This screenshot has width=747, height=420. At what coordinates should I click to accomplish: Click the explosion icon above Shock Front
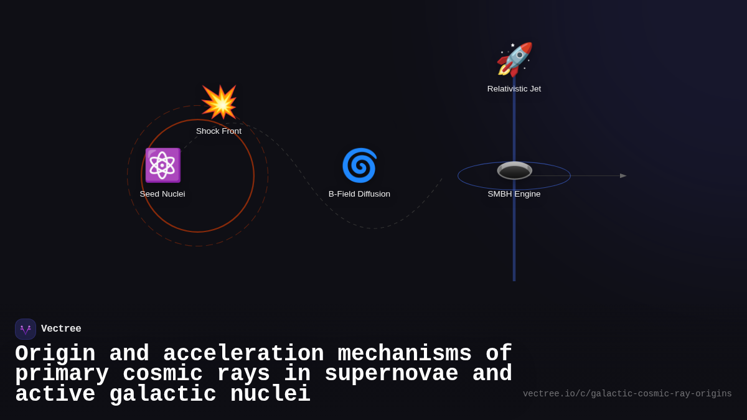[219, 102]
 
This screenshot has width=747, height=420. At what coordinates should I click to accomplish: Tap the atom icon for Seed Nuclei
[162, 166]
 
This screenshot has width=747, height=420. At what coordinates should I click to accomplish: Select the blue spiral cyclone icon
[359, 166]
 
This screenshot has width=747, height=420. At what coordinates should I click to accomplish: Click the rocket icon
[514, 59]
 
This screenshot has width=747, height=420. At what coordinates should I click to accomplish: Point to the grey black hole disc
[514, 170]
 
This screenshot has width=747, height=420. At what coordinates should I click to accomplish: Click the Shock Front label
[218, 131]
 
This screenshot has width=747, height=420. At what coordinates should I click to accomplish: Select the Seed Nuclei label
[162, 194]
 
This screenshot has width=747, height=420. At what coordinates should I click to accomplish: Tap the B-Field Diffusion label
[359, 194]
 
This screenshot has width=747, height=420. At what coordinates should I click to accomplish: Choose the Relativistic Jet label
[514, 89]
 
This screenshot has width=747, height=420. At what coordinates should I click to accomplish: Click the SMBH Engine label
[514, 194]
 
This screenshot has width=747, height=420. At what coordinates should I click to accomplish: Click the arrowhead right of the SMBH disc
[623, 176]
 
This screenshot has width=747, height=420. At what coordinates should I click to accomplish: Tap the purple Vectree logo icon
[26, 329]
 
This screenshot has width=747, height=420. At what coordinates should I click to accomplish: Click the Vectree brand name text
[61, 329]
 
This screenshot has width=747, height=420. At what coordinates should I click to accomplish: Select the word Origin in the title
[55, 354]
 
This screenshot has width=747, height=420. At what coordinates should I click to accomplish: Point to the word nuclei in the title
[270, 394]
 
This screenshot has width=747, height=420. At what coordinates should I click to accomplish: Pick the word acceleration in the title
[243, 354]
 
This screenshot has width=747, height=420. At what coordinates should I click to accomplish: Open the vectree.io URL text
[627, 394]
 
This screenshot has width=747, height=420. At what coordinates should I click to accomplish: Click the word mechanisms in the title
[405, 354]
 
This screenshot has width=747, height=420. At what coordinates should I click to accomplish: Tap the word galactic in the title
[162, 394]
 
